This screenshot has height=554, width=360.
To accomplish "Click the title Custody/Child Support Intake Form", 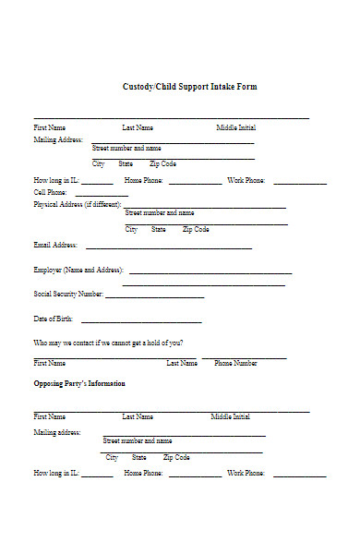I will (x=190, y=87).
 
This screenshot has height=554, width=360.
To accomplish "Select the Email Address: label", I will (x=55, y=246).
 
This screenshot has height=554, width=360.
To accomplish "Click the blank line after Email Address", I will (x=168, y=247).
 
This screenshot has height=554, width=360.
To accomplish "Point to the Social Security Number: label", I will (x=68, y=295).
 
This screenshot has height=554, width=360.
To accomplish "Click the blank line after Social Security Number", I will (x=154, y=296).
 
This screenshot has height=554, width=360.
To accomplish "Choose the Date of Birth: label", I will (x=54, y=319).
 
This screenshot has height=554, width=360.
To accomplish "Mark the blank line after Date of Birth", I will (x=141, y=321).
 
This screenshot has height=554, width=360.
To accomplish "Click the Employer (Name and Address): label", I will (x=78, y=271).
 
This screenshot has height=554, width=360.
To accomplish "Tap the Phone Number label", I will (x=236, y=364).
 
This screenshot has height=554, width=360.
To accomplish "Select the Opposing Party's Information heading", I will (x=79, y=383).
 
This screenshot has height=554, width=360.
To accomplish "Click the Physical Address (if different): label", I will (x=77, y=204).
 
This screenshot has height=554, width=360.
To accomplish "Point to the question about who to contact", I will (x=108, y=343).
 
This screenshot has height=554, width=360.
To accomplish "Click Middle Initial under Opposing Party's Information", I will (x=230, y=417).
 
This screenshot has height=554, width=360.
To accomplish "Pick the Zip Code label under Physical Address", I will (x=196, y=229).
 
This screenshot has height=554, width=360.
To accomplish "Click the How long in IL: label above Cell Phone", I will (x=55, y=180).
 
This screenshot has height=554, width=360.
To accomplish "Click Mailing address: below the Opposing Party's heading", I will (x=57, y=431).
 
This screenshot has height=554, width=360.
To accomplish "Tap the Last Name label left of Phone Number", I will (x=182, y=364).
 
